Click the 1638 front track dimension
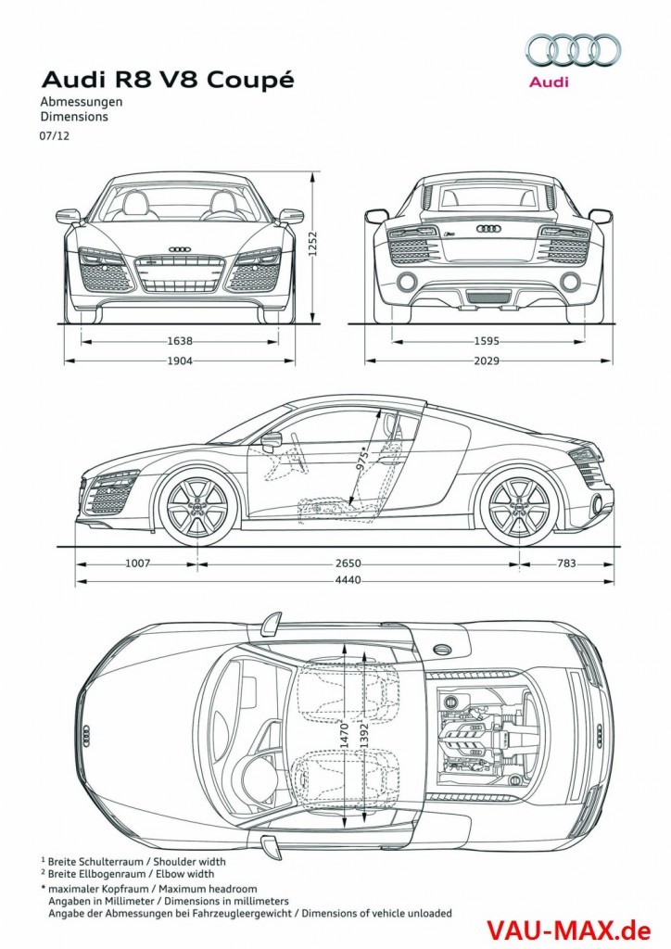(x=180, y=340)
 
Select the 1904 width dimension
(x=180, y=361)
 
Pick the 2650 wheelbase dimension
(x=348, y=563)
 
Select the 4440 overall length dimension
(x=348, y=580)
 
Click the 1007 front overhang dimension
(x=136, y=563)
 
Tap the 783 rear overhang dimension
(x=567, y=563)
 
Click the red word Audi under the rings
(x=549, y=82)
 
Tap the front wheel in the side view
(x=195, y=508)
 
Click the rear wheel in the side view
(x=518, y=508)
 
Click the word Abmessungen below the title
(x=82, y=104)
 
